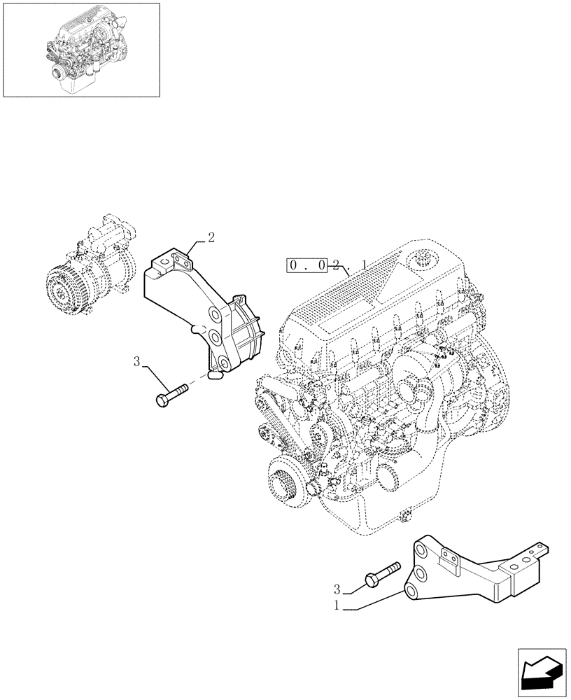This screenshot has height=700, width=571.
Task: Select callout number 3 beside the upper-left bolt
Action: (138, 361)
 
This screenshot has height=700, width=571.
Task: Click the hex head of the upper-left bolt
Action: (161, 400)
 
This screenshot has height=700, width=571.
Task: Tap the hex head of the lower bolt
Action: (371, 580)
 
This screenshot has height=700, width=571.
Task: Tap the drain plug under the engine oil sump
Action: (404, 517)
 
